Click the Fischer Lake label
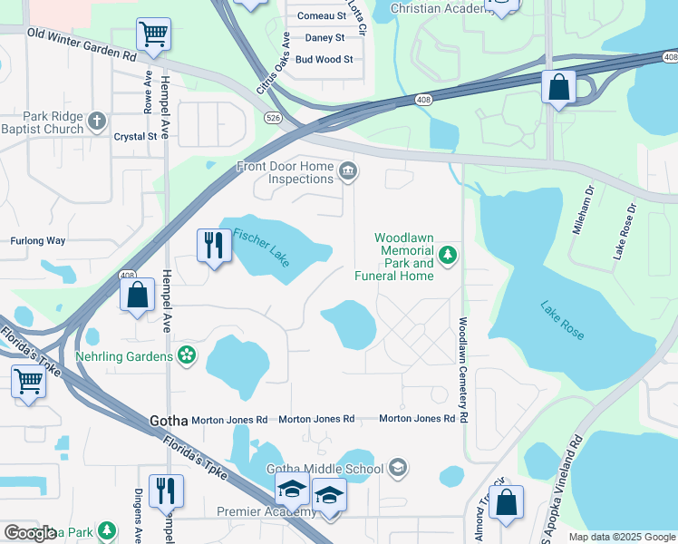[x=261, y=246]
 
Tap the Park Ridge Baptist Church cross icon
[x=98, y=120]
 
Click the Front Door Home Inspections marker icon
[x=346, y=171]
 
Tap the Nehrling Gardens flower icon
[x=187, y=355]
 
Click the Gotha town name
[x=168, y=421]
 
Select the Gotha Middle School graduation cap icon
[x=396, y=468]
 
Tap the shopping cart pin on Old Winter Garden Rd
[x=153, y=34]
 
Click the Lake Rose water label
[x=562, y=320]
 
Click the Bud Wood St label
[x=324, y=60]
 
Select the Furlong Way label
[x=37, y=241]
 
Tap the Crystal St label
[x=135, y=137]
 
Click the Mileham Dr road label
[x=581, y=210]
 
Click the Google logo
[x=30, y=533]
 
